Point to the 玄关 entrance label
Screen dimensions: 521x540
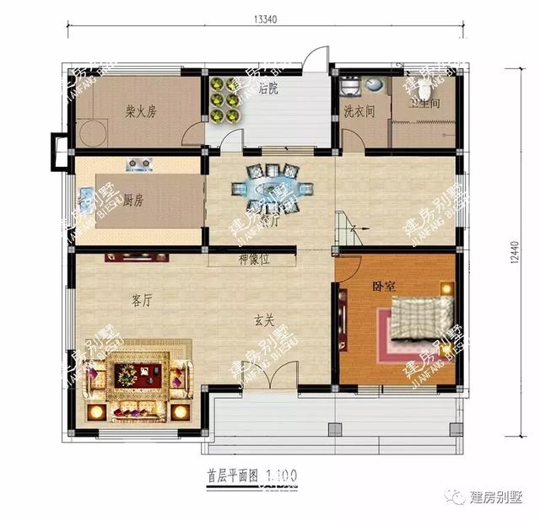[265, 320]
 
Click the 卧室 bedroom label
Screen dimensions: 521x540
[386, 286]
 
